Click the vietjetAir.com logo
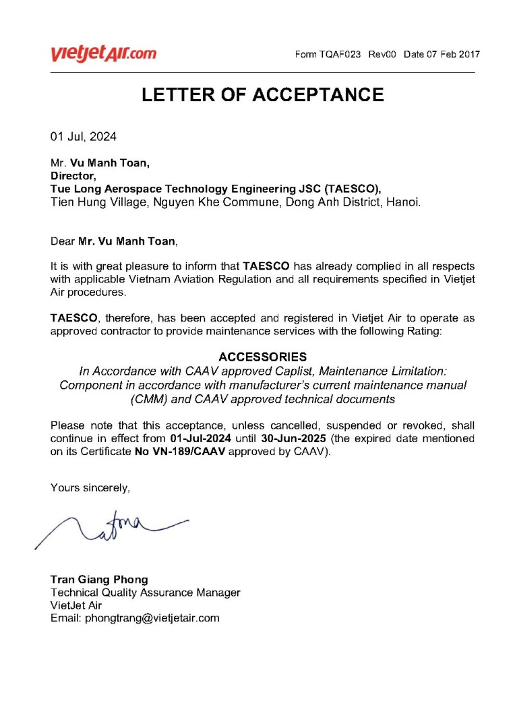(x=103, y=54)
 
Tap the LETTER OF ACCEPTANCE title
(x=262, y=95)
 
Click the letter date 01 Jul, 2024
(x=84, y=137)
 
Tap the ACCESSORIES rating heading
(x=262, y=357)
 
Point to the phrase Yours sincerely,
(x=90, y=489)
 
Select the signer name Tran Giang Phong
(x=99, y=580)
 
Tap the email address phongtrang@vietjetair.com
(x=135, y=618)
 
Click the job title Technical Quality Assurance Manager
(x=145, y=593)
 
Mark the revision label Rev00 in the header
(x=382, y=55)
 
